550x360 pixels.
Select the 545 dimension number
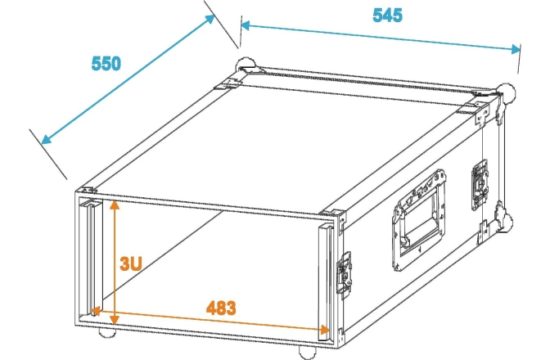point(387,16)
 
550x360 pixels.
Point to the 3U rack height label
point(131,263)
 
